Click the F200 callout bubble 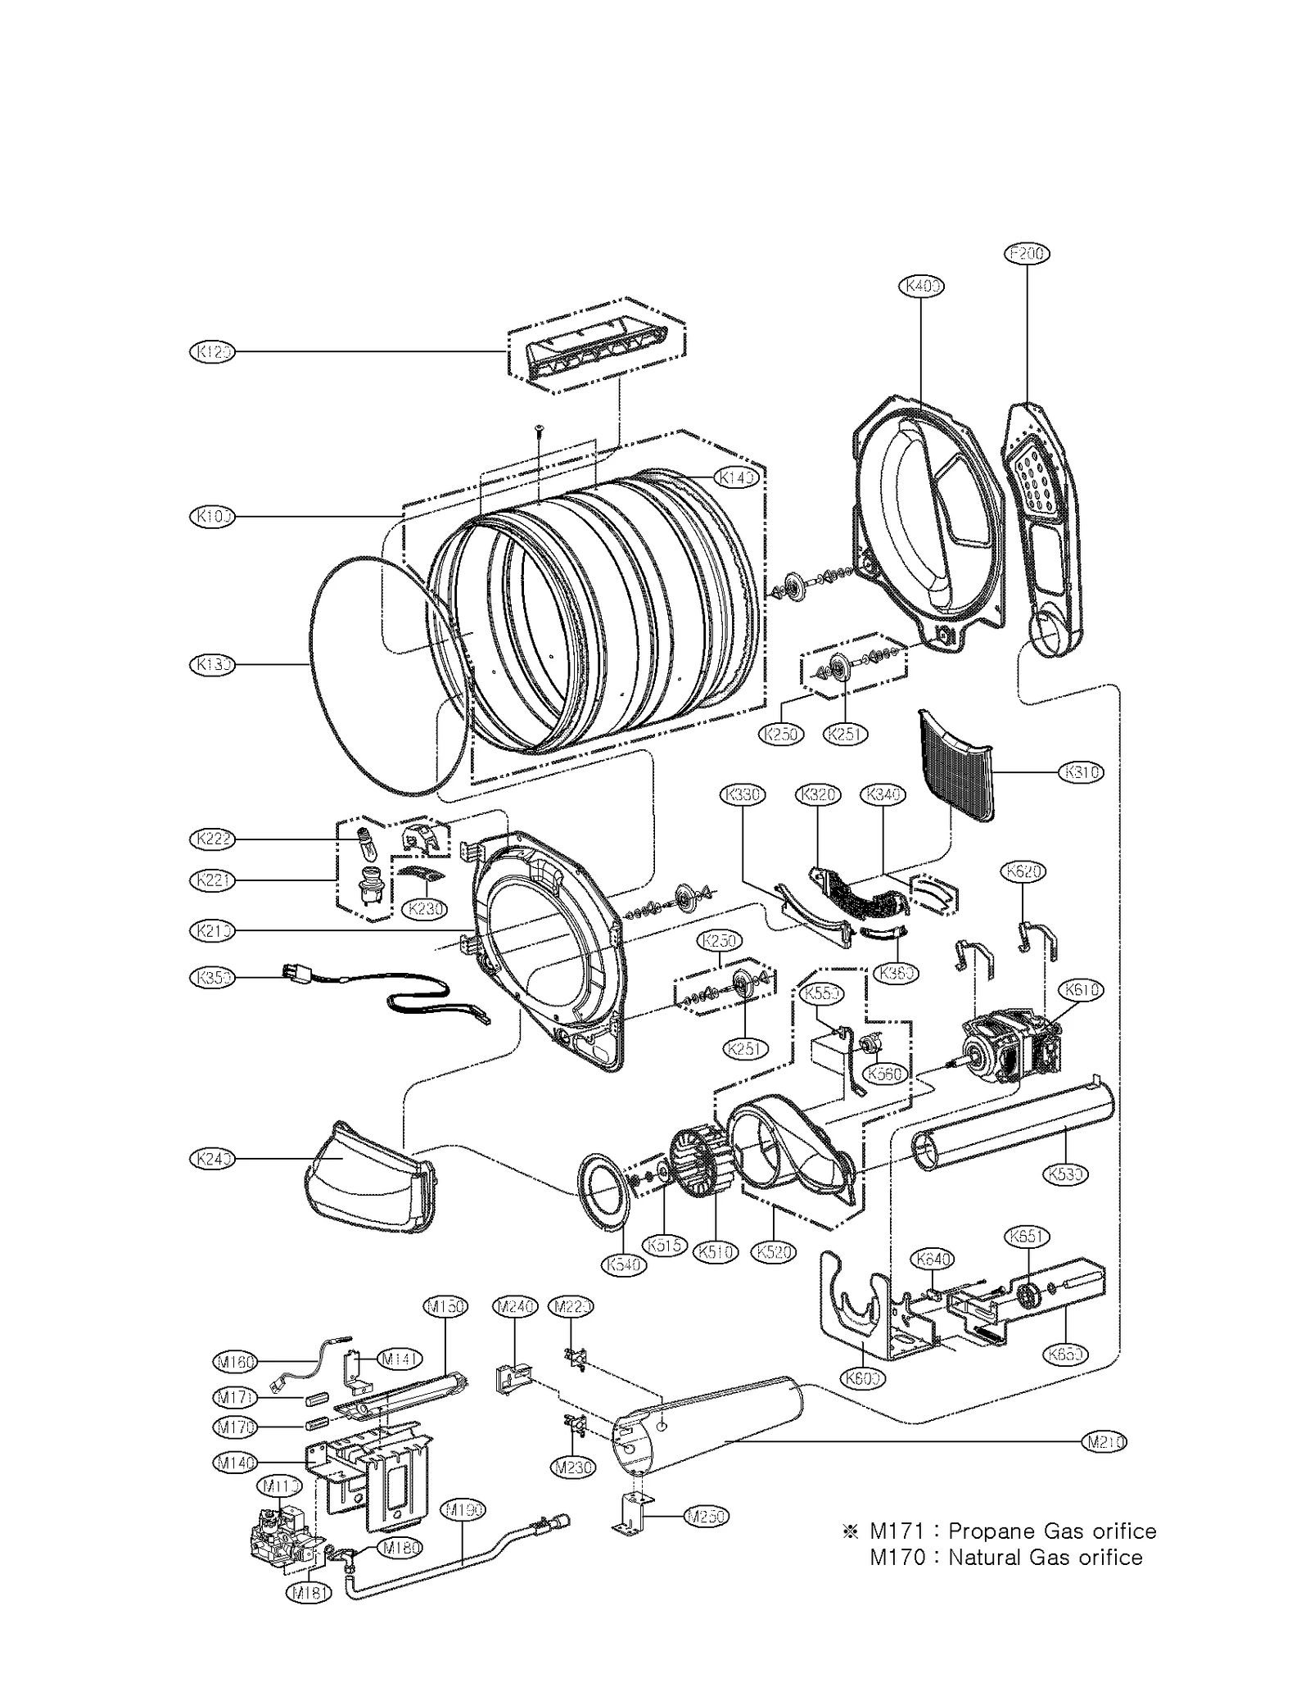1027,254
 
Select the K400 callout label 921,286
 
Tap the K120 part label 212,352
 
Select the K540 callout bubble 624,1264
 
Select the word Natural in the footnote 984,1558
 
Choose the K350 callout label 212,977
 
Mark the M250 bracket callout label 706,1516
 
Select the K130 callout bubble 212,664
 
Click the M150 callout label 445,1306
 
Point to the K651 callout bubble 1027,1237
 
